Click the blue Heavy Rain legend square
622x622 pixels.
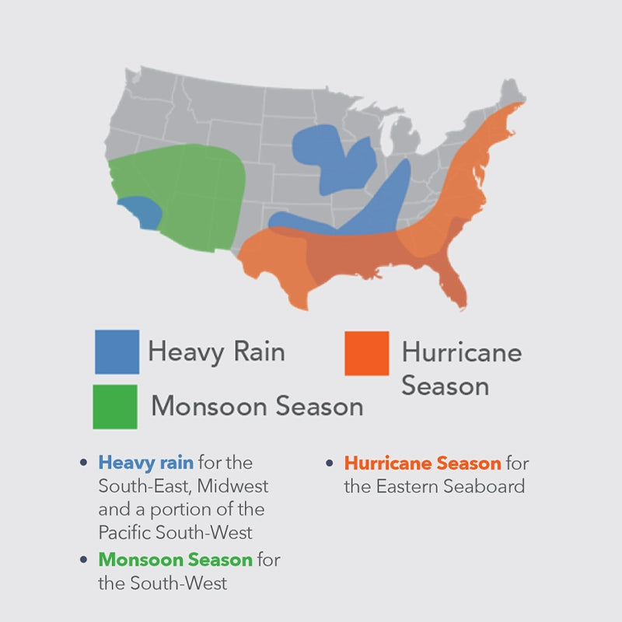(x=117, y=352)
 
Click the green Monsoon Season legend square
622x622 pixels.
(x=115, y=407)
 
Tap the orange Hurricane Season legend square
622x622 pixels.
(x=366, y=353)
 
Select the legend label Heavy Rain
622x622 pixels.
(x=217, y=351)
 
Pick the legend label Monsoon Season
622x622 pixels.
(x=257, y=406)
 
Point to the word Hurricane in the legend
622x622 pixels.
(x=462, y=352)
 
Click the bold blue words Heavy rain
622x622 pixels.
(x=146, y=463)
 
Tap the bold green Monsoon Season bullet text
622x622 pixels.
(x=176, y=560)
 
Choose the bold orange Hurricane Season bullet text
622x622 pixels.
(x=422, y=463)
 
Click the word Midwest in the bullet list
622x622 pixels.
(x=232, y=486)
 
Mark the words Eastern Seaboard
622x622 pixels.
(x=450, y=487)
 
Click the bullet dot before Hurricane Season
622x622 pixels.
(x=329, y=463)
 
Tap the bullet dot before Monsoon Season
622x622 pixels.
(x=83, y=560)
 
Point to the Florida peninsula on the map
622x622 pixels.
(x=453, y=282)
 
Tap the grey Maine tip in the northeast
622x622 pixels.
(x=512, y=91)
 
